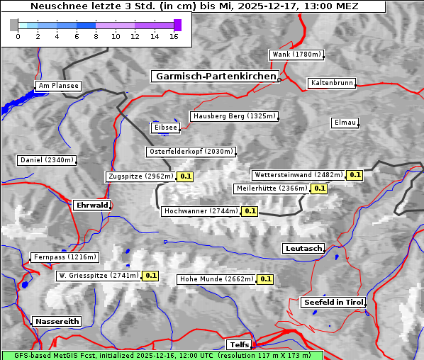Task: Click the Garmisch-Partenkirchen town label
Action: [x=214, y=76]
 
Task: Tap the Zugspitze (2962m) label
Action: [x=140, y=176]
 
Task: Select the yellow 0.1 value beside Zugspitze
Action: [x=186, y=176]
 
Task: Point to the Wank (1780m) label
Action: [x=296, y=55]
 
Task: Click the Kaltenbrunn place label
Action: [x=331, y=83]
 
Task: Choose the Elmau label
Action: [x=345, y=123]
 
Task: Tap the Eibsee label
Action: [x=164, y=128]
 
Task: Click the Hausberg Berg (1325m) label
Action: [x=233, y=116]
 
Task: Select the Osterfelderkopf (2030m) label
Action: [x=191, y=152]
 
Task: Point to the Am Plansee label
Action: [x=57, y=86]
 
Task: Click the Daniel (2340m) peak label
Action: [x=46, y=160]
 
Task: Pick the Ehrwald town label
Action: [x=91, y=205]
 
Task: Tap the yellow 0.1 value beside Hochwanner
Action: [x=250, y=211]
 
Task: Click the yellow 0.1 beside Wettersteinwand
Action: [x=355, y=175]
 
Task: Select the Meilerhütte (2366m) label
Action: [x=272, y=189]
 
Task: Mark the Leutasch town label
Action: [x=303, y=248]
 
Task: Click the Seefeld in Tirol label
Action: [x=333, y=302]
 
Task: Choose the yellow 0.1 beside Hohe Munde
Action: [x=265, y=279]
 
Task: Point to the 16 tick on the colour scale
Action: [x=174, y=35]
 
